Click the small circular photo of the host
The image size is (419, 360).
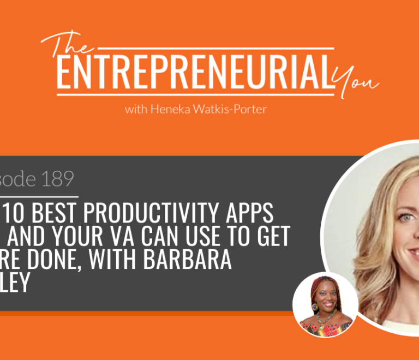(325, 304)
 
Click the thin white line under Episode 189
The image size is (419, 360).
(38, 195)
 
